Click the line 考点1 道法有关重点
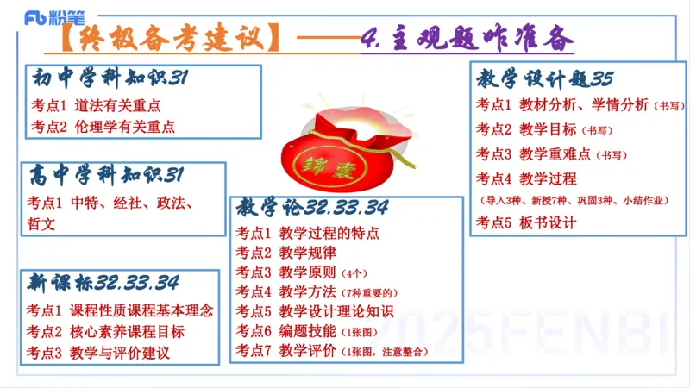click(95, 106)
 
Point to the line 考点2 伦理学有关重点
click(102, 126)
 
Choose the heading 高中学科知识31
click(106, 177)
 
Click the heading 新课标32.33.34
click(103, 283)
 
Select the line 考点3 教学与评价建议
click(97, 353)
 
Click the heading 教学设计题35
click(544, 79)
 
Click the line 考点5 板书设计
click(525, 222)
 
